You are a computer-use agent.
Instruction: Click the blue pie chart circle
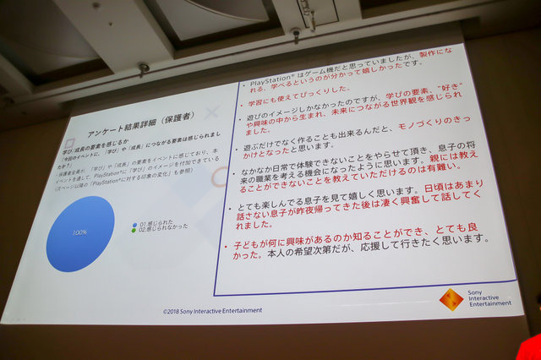click(81, 233)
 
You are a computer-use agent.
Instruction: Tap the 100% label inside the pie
click(81, 232)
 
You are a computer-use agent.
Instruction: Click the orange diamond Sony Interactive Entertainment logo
click(452, 299)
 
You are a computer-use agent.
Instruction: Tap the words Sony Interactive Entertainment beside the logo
click(489, 297)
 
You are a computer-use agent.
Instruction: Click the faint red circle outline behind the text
click(221, 177)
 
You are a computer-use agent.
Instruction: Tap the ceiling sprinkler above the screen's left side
click(144, 67)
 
